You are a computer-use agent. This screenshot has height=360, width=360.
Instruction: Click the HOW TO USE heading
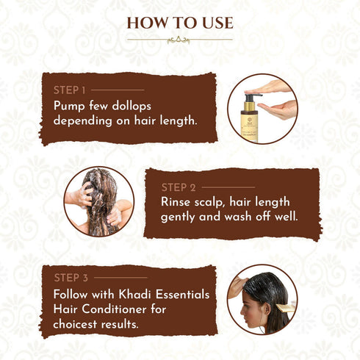pos(179,23)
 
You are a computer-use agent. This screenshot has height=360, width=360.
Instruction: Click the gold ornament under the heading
pos(179,40)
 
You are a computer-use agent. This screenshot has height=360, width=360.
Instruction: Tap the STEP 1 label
pos(70,90)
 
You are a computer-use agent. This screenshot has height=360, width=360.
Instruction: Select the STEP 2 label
pos(178,187)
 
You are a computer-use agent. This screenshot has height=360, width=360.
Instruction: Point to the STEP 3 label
pos(71,278)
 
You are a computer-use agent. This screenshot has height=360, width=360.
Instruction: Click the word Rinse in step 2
pos(179,202)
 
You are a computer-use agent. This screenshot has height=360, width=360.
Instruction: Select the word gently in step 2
pos(181,218)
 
